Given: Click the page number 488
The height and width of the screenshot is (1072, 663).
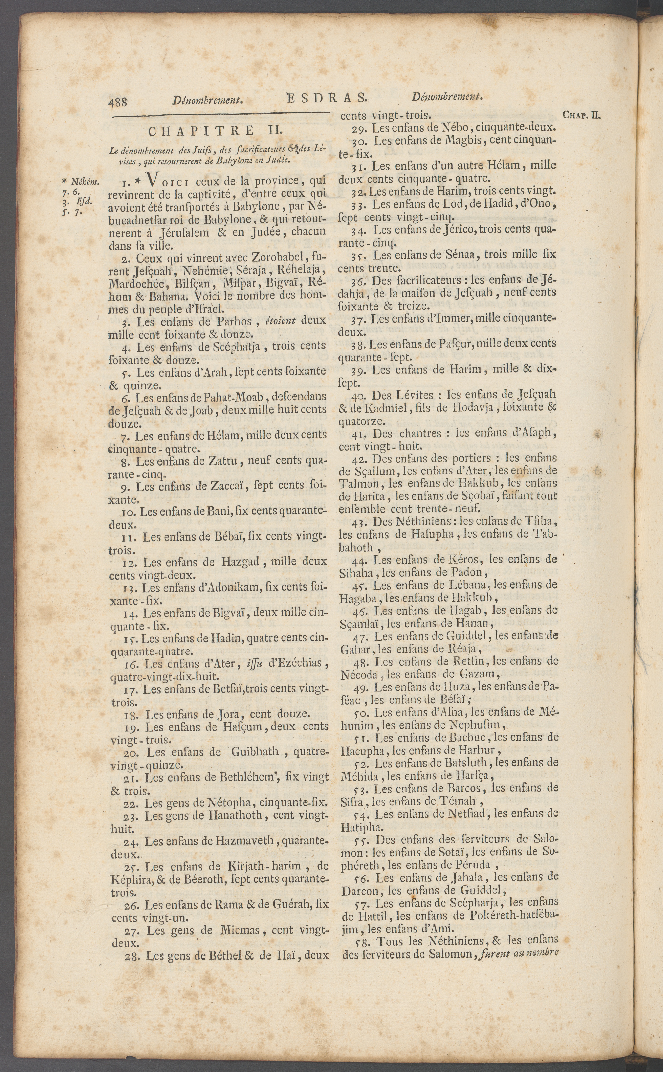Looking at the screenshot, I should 117,102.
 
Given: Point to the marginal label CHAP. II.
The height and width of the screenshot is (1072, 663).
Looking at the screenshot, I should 581,115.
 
